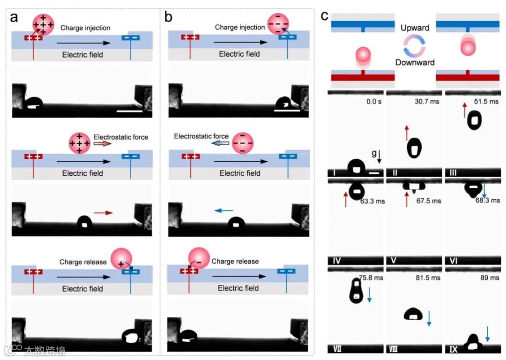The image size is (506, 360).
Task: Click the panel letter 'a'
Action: pyautogui.click(x=15, y=17)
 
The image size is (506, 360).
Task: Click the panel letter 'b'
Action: pyautogui.click(x=169, y=17)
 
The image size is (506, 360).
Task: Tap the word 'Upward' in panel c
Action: pyautogui.click(x=415, y=28)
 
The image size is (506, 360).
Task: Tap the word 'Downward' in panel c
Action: pyautogui.click(x=415, y=62)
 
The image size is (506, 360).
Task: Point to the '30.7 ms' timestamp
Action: pyautogui.click(x=428, y=102)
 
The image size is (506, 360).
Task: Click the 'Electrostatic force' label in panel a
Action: pyautogui.click(x=120, y=137)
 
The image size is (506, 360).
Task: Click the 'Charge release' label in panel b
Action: pyautogui.click(x=235, y=261)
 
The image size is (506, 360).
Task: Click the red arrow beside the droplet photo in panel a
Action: pyautogui.click(x=106, y=213)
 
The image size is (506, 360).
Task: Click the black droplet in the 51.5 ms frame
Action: pyautogui.click(x=475, y=120)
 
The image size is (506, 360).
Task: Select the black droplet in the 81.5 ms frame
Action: pyautogui.click(x=413, y=314)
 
